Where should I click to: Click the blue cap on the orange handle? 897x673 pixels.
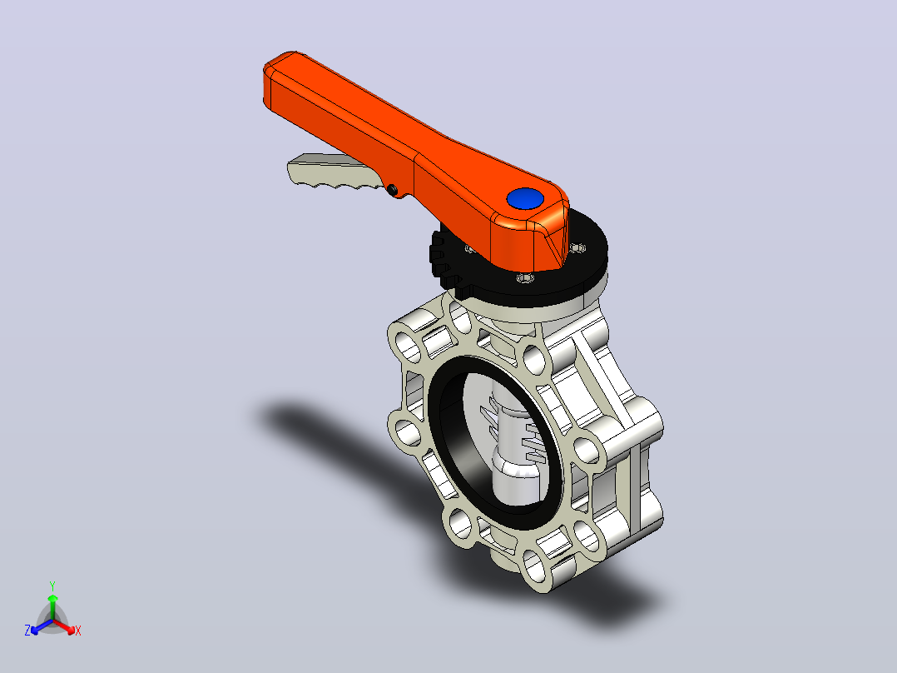(524, 199)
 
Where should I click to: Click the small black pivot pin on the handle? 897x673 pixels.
(393, 189)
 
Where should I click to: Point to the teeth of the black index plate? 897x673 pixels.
(443, 260)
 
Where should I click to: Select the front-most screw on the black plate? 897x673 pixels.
(525, 278)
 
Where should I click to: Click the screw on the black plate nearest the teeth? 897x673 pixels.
(469, 248)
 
